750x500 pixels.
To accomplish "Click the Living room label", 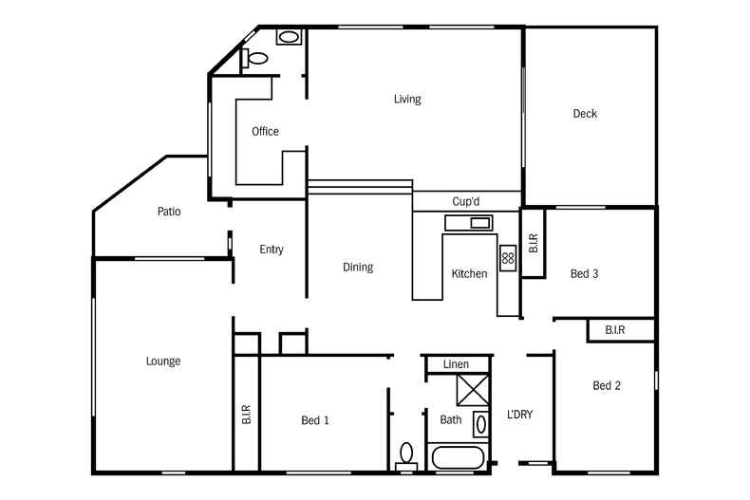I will (x=407, y=100).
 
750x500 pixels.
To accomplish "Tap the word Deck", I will (x=585, y=114).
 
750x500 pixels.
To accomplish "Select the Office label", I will (x=265, y=132).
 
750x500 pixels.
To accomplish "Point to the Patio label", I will (x=169, y=212).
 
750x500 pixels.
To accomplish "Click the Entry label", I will (x=272, y=250).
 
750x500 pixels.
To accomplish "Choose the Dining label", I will (x=358, y=268).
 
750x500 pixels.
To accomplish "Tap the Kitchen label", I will (x=469, y=274).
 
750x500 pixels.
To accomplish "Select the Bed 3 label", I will (x=584, y=274).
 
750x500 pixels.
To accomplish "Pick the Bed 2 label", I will (x=607, y=385).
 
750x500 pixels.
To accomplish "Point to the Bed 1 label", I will (x=315, y=420).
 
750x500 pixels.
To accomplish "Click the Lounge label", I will (x=163, y=361).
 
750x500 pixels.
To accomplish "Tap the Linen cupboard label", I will (x=456, y=364).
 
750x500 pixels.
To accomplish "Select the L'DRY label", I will (x=519, y=415).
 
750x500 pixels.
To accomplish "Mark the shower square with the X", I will (x=472, y=390).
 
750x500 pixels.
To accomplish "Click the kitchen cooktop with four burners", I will (x=508, y=257).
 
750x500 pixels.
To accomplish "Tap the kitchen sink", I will (x=469, y=223).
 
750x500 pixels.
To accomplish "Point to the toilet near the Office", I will (x=254, y=58).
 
